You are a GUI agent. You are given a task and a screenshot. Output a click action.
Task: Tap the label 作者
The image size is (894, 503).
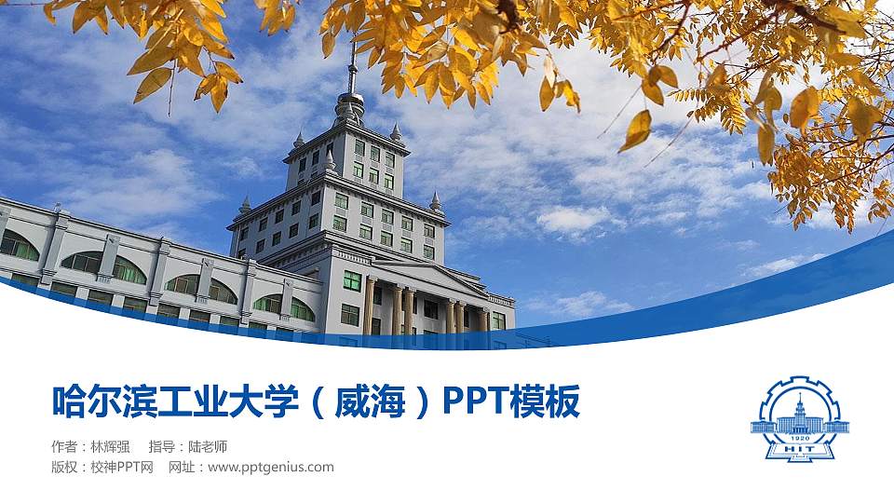click(64, 446)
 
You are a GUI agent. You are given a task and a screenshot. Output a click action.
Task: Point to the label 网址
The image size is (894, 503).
click(181, 467)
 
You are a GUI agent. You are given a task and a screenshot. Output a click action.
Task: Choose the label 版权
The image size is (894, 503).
click(64, 467)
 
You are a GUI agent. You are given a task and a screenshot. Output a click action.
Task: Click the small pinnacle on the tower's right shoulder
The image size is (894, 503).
click(435, 201)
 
